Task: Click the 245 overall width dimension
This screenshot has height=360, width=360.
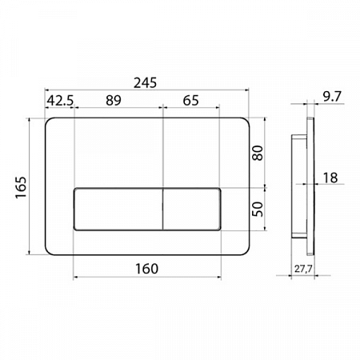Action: point(145,82)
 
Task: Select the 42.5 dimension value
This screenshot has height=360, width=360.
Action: point(60,101)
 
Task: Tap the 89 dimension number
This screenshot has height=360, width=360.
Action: point(114,100)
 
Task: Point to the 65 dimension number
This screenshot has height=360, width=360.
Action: point(190,101)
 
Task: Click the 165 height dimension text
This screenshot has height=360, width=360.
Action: point(21,187)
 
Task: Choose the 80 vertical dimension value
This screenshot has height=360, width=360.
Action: point(258,153)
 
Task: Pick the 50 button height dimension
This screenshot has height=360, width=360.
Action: point(258,209)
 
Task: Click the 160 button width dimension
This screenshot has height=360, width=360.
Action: point(146,269)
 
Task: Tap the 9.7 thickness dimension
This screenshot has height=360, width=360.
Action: point(332,96)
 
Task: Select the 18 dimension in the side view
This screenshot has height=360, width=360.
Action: point(330,178)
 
